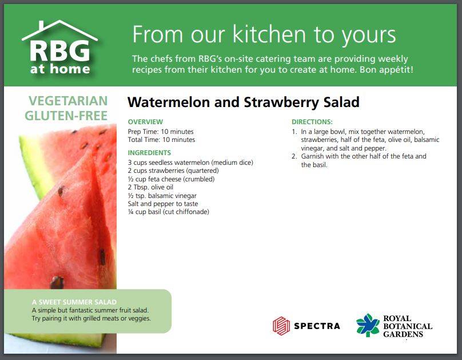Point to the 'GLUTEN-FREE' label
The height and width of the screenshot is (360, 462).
click(66, 116)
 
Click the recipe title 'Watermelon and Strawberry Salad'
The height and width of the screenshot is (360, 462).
click(243, 102)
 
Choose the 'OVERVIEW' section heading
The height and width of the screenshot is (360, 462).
click(145, 122)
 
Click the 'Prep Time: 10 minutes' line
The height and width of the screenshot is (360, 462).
click(161, 132)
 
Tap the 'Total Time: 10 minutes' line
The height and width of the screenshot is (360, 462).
click(161, 140)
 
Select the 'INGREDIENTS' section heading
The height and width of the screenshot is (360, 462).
click(149, 153)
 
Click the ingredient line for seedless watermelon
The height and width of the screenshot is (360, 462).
click(190, 163)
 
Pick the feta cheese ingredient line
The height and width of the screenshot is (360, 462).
click(171, 179)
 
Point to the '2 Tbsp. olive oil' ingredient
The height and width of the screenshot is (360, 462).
click(150, 187)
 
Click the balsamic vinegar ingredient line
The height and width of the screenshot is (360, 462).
click(162, 196)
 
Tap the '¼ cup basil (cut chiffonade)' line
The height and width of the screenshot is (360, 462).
click(169, 212)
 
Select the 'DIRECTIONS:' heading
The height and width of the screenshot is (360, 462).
click(312, 122)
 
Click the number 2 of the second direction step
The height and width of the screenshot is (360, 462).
click(294, 156)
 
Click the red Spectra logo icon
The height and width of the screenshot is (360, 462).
click(281, 326)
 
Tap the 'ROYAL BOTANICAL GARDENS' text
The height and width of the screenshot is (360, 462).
click(407, 326)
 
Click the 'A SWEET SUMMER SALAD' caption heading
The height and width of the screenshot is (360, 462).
click(74, 302)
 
